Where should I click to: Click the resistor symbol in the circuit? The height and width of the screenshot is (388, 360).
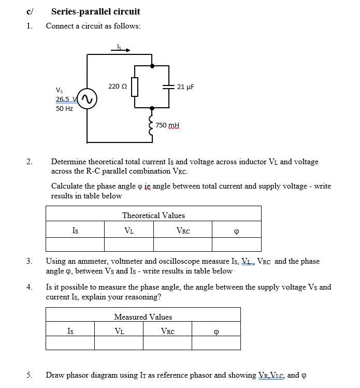pos(135,87)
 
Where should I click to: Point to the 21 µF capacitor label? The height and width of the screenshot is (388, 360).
pos(185,87)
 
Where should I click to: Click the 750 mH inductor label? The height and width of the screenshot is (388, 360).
pos(168,125)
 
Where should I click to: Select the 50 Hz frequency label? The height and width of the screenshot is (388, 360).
pos(64,109)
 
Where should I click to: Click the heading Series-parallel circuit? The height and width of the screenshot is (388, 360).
pos(96,11)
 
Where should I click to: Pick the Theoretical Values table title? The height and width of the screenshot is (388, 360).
pos(153,215)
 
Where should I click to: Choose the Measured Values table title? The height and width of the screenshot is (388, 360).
pos(143,317)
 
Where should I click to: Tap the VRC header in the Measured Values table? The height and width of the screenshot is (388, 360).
pos(167,332)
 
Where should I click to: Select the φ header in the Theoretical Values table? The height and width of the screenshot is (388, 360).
pos(236,231)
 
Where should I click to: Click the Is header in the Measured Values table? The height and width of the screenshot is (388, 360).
pos(70,332)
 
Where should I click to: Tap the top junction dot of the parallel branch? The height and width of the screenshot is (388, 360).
pos(152,66)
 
